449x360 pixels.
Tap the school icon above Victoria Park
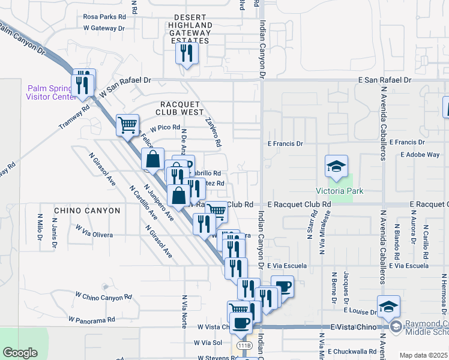pos(336,167)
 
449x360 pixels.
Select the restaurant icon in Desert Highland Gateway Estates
pos(187,53)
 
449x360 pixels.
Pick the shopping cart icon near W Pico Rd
pos(127,125)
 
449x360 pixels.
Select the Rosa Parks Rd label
pos(105,17)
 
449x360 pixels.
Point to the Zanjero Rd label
pos(213,132)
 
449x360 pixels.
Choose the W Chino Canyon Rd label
pos(103,297)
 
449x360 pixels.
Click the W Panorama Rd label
pos(91,320)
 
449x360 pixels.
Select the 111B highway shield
pos(244,346)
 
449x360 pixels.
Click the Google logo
pos(20,353)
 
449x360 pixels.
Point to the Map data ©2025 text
pos(423,355)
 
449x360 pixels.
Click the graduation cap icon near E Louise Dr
pos(388,306)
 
